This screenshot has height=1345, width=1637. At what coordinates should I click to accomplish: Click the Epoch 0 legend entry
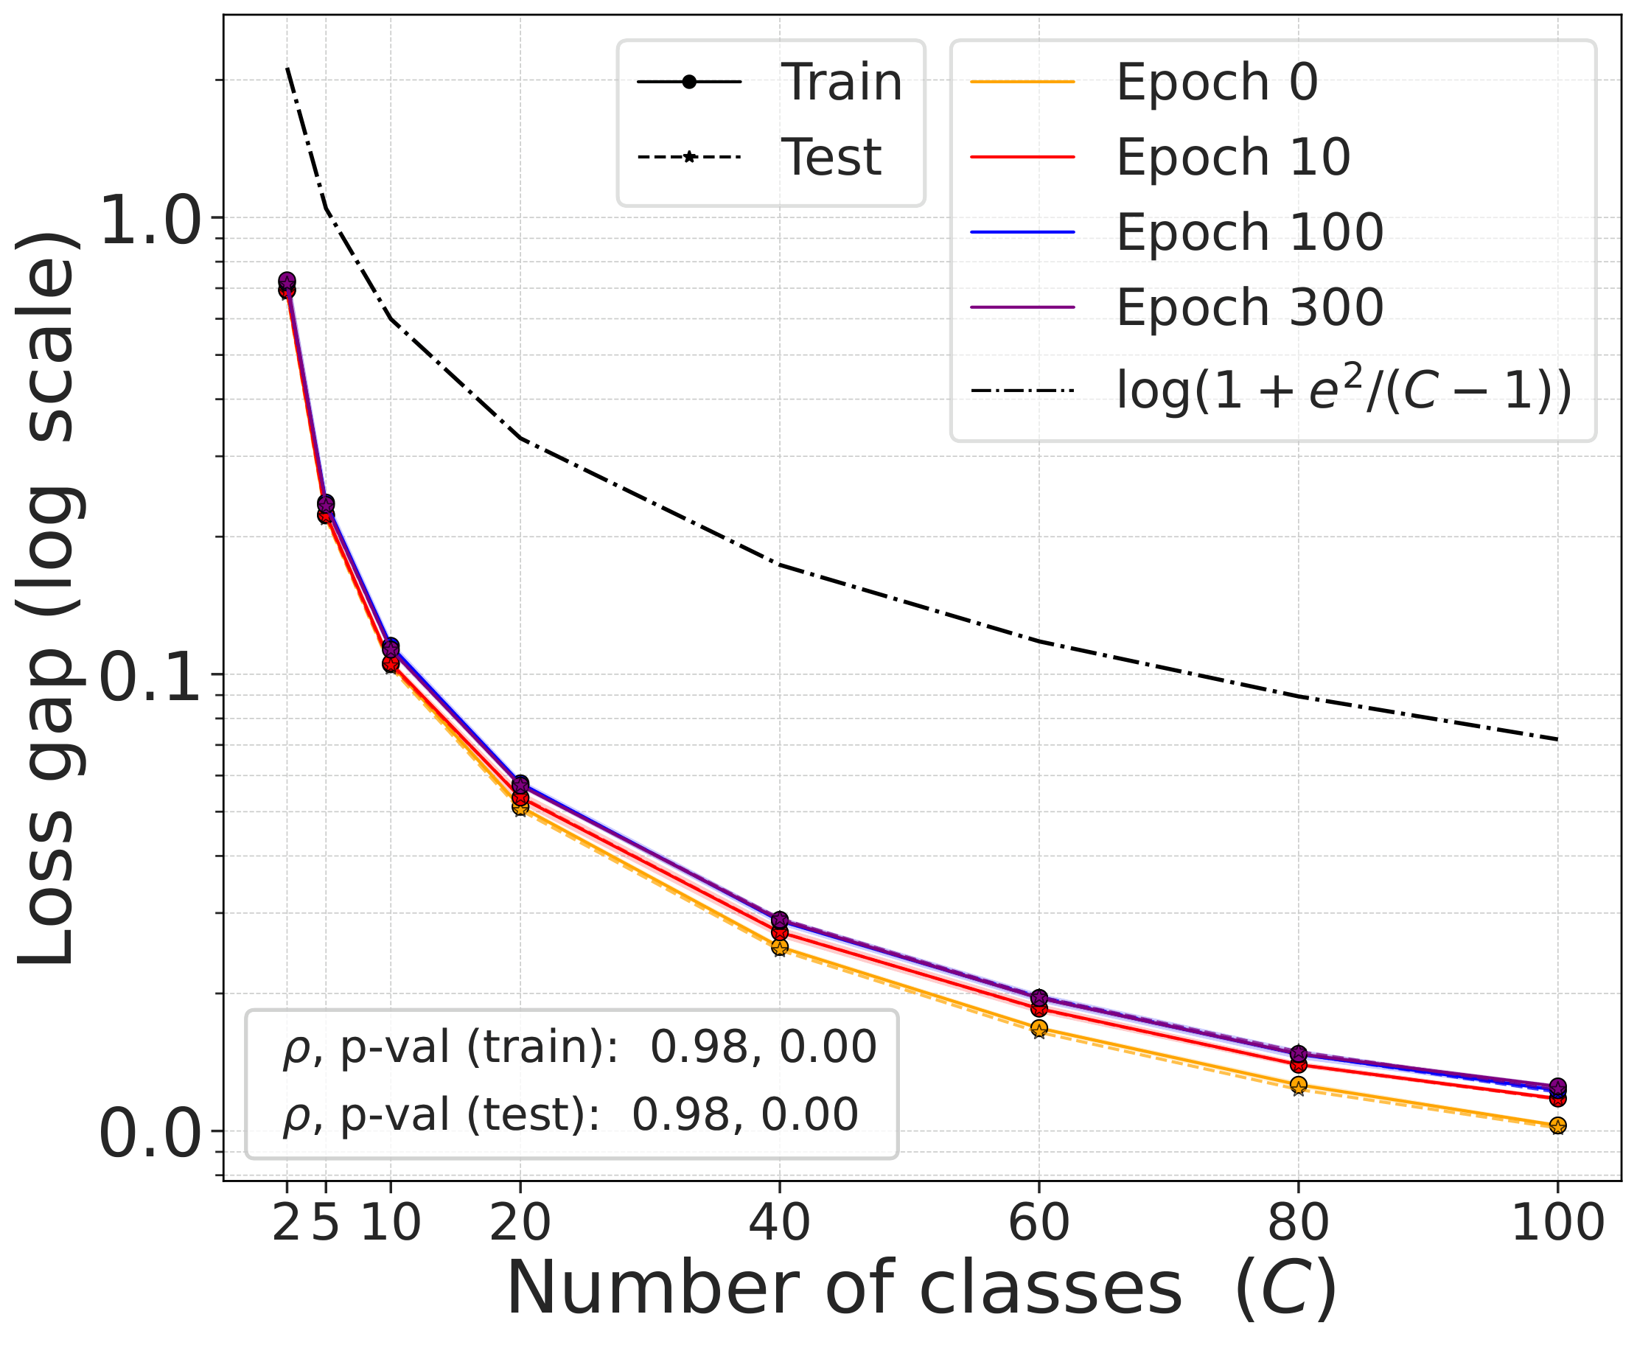click(1216, 82)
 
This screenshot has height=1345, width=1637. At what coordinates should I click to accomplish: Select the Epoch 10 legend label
click(1232, 157)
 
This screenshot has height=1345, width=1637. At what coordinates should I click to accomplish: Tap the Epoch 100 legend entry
click(1249, 232)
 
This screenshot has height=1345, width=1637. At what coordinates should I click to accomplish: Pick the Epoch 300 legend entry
click(1249, 307)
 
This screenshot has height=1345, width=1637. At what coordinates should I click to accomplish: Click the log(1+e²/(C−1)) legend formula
click(1344, 391)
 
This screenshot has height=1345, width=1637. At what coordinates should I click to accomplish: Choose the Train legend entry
click(840, 82)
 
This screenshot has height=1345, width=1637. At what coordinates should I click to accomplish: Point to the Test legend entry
click(831, 157)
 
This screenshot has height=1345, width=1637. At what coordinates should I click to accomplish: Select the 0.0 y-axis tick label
click(151, 1136)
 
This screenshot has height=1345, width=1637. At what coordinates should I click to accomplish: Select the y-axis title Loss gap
click(46, 601)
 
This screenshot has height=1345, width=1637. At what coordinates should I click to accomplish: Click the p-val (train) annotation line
click(579, 1048)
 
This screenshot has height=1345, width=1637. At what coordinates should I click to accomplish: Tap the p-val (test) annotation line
click(570, 1116)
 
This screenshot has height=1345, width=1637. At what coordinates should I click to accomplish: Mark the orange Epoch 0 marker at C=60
click(1039, 1028)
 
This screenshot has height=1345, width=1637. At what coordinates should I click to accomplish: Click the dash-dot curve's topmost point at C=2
click(287, 69)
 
